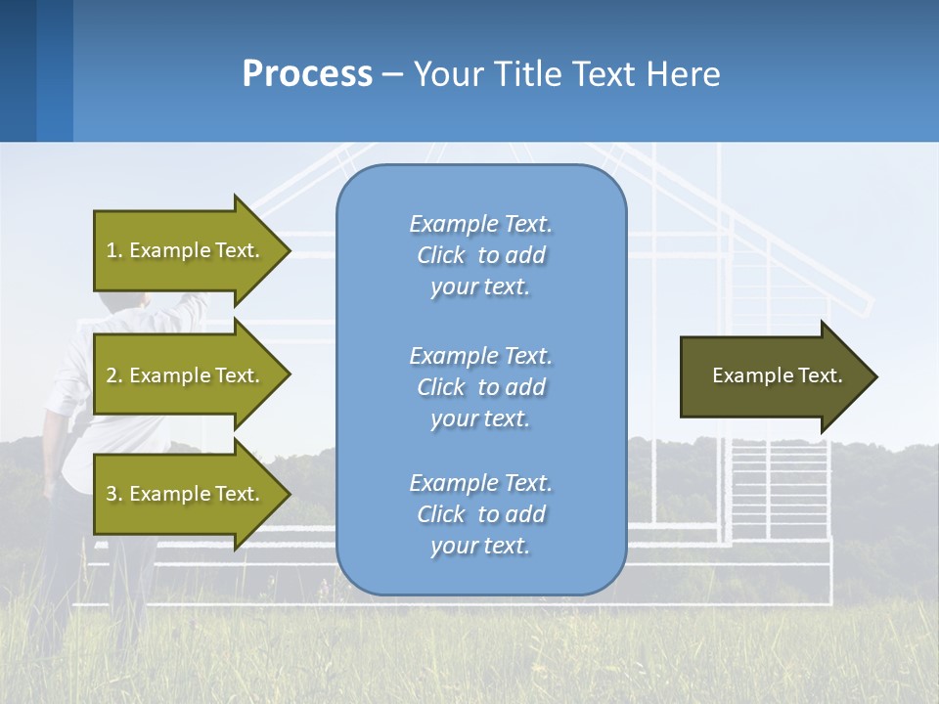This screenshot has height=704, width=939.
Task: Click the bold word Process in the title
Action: coord(307,74)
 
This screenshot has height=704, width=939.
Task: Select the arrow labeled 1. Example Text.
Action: coord(186,250)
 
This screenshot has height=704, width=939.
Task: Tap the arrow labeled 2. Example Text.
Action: coord(186,375)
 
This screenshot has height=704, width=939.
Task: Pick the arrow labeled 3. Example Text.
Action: coord(186,494)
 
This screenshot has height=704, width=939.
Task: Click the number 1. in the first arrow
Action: coord(114,250)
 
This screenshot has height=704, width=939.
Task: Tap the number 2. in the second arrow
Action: coord(114,375)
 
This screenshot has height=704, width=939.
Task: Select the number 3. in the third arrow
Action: coord(114,494)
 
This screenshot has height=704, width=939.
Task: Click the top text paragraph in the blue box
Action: coord(480,255)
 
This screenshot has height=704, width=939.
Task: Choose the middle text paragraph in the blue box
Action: coord(480,387)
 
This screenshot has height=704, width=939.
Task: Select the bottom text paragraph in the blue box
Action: coord(480,514)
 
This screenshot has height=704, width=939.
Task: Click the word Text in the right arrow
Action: coord(821,375)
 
